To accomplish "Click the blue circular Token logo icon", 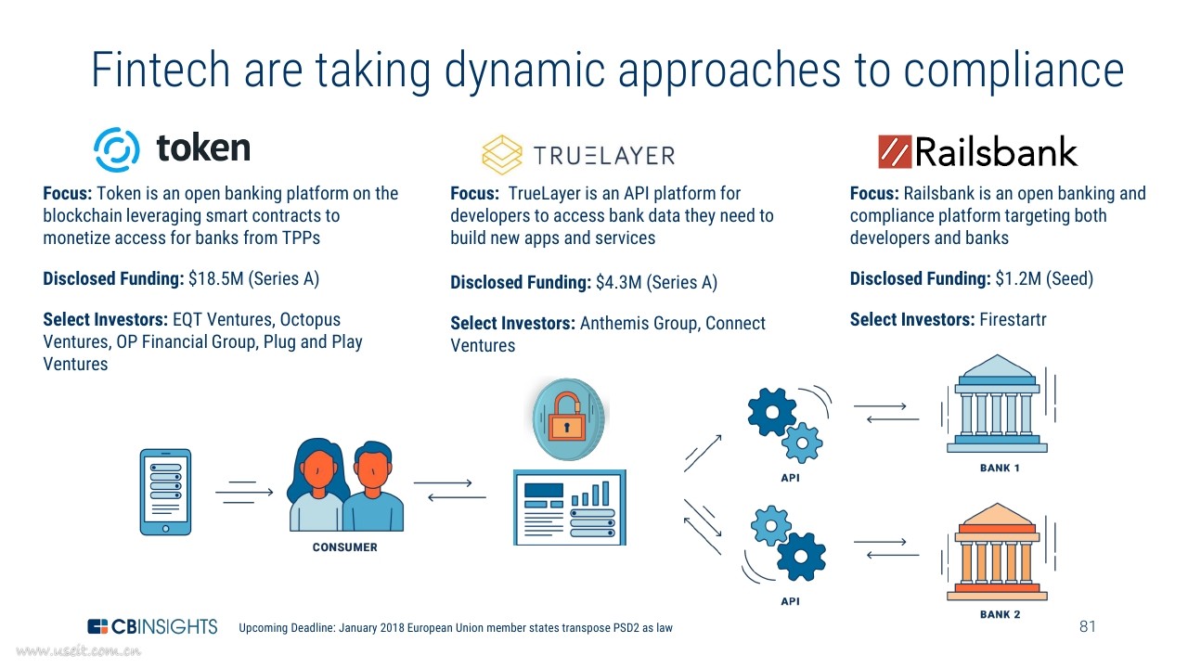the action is tap(117, 149).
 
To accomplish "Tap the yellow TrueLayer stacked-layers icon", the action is tap(502, 155).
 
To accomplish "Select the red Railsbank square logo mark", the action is tap(895, 151).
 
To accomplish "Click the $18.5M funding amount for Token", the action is tap(215, 279).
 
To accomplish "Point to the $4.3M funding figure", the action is tap(618, 283).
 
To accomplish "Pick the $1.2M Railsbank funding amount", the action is tap(1018, 279).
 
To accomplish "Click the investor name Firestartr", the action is tap(1013, 320).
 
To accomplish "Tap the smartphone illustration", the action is tap(165, 492).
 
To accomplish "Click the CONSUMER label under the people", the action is tap(344, 547).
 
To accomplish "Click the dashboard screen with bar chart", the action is tap(570, 507).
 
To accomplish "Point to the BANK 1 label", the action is tap(1000, 469).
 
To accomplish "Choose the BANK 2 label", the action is tap(1000, 614).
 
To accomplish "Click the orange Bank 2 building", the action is tap(997, 552).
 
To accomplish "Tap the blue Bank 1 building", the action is tap(997, 404).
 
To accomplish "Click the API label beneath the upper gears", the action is tap(790, 478).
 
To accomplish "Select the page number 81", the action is tap(1088, 626).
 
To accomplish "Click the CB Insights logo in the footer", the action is tap(153, 626).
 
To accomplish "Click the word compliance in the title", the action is tap(1014, 71).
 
